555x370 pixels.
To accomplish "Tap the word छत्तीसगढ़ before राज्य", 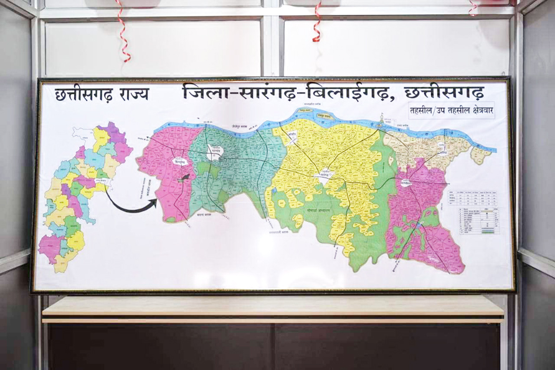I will pos(83,94).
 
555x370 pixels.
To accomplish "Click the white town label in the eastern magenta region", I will pos(406,183).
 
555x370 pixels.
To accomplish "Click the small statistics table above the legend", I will pos(477,197).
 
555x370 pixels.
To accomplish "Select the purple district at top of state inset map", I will pos(113,132).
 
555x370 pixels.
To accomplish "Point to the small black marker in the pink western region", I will pos(184,178).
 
